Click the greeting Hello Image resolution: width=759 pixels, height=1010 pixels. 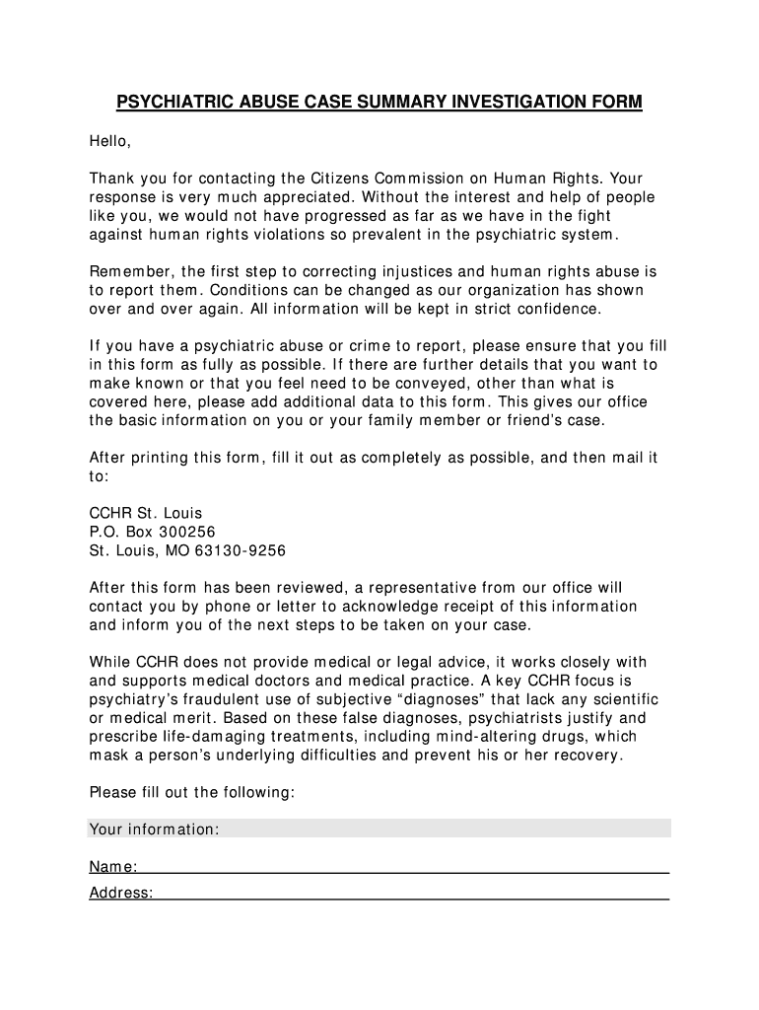click(109, 141)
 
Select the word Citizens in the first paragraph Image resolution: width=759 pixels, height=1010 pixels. click(340, 179)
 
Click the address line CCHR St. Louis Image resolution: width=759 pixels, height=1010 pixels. click(146, 513)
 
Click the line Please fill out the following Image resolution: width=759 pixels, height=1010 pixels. click(192, 792)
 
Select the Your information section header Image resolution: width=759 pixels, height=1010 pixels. click(154, 830)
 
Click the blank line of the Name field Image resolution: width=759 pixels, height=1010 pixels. click(404, 869)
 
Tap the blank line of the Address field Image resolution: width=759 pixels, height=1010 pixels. click(412, 895)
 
